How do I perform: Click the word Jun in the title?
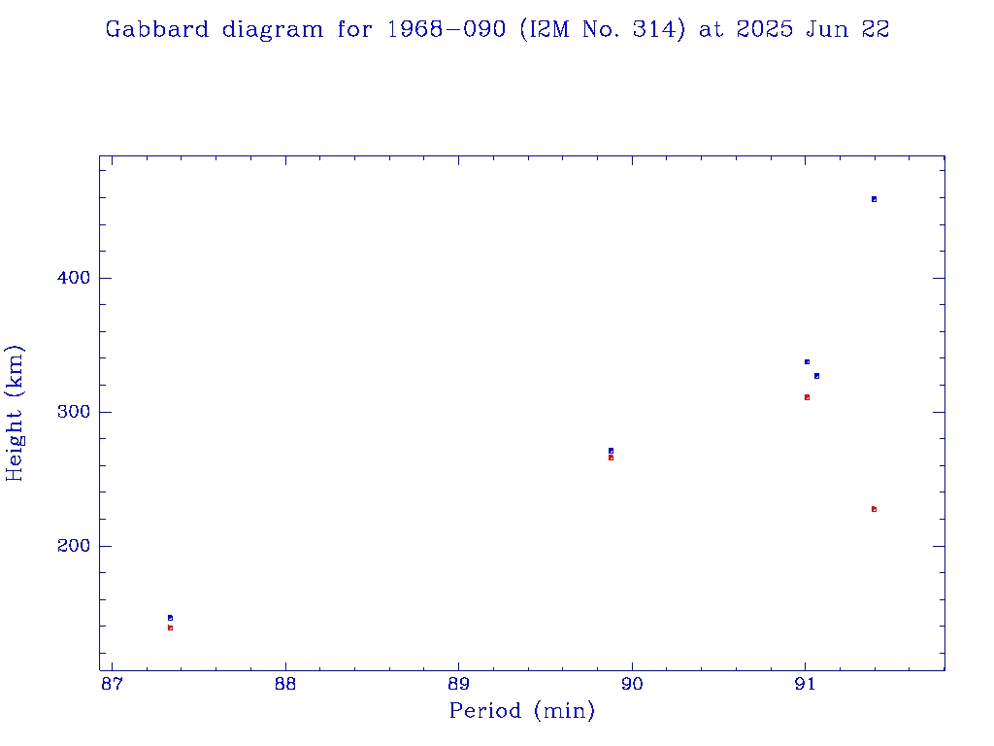point(827,29)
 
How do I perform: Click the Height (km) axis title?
point(15,412)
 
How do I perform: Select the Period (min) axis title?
point(521,711)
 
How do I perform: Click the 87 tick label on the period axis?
point(113,684)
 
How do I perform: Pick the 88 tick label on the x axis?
point(285,684)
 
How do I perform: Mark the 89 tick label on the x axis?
point(459,684)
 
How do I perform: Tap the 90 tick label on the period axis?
point(632,684)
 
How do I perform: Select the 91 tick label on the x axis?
point(805,684)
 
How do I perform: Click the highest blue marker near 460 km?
point(874,199)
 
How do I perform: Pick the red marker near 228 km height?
point(874,509)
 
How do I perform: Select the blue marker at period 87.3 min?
point(170,618)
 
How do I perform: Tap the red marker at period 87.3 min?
point(170,627)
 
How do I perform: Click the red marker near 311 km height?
point(807,397)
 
